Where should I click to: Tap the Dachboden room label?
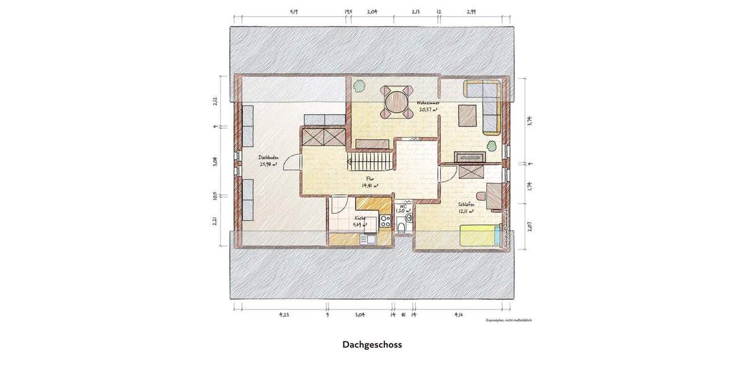(268, 157)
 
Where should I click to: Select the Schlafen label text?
(467, 205)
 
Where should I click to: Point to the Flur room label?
(370, 178)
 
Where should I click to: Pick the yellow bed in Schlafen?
(479, 236)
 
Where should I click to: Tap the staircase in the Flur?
(371, 162)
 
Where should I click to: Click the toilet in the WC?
(401, 228)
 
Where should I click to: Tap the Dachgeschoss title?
(372, 344)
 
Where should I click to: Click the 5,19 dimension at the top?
(294, 12)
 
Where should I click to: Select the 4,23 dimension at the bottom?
(283, 314)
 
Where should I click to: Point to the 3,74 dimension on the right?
(529, 122)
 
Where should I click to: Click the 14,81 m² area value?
(370, 185)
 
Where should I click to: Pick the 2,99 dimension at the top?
(471, 12)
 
